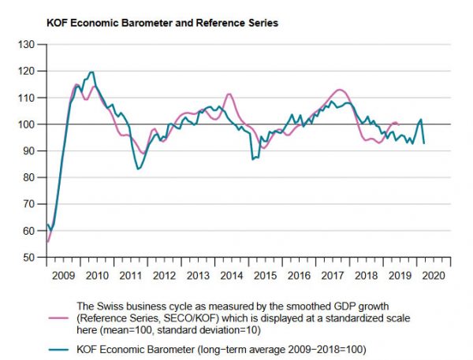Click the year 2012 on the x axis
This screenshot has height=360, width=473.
(x=164, y=276)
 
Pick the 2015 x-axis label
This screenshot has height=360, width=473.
(x=265, y=276)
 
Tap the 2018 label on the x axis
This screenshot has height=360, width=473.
(x=366, y=276)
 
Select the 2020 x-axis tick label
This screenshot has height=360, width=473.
(x=434, y=276)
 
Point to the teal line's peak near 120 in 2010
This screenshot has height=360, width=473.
(x=93, y=72)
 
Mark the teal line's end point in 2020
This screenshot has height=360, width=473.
(x=425, y=143)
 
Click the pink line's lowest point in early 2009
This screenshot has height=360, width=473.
(x=48, y=242)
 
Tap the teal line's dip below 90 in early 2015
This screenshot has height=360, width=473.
(x=252, y=159)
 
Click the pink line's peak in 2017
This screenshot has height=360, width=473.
(x=339, y=90)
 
